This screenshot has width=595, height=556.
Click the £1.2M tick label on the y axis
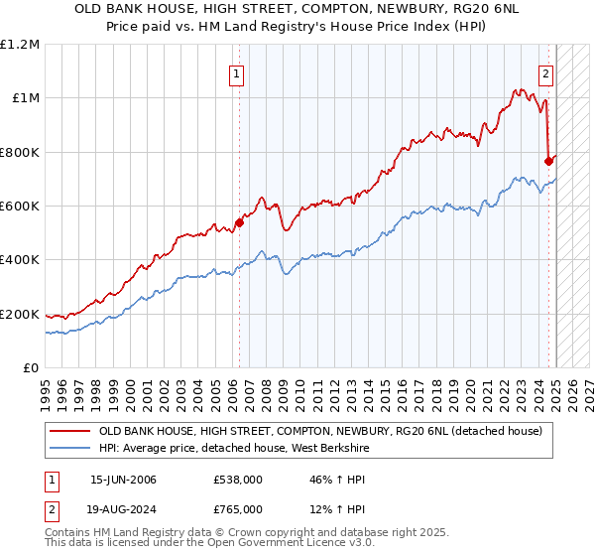(x=20, y=45)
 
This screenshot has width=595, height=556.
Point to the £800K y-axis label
(x=20, y=153)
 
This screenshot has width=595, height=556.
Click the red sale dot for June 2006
(x=239, y=222)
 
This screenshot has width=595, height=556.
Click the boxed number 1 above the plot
(x=238, y=72)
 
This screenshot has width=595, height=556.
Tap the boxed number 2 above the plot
(x=546, y=72)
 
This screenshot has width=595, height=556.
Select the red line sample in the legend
(x=68, y=432)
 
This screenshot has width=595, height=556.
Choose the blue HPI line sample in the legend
(x=68, y=450)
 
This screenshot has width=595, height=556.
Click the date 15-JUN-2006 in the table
(x=123, y=480)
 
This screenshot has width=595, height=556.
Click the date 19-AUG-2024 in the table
(x=124, y=512)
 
